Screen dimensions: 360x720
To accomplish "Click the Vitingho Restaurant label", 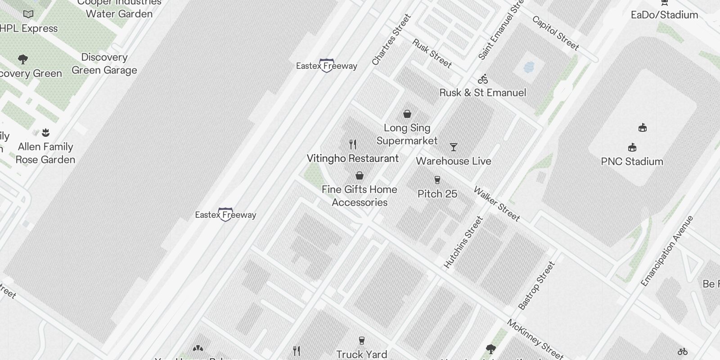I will [352, 158].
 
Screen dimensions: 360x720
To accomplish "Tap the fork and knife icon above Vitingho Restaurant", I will [353, 144].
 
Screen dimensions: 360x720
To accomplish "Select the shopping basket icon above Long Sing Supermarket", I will [407, 114].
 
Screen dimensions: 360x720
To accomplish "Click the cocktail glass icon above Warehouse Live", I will [454, 147].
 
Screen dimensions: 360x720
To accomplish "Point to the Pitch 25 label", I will [437, 194].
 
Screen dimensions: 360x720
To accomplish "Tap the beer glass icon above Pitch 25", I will [437, 180].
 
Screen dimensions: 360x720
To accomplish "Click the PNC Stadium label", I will [632, 162].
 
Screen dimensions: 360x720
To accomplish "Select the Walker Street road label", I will [497, 204].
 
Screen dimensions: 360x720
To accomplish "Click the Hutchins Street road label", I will [463, 243].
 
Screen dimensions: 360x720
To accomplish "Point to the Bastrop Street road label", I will [536, 286].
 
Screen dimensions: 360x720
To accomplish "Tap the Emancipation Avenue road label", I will [667, 251].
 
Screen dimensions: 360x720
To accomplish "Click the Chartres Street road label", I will [391, 40].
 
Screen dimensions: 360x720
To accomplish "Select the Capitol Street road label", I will [555, 33].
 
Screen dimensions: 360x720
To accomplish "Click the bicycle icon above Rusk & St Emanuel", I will [483, 80].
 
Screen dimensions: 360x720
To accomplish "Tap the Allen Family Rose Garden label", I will [45, 153].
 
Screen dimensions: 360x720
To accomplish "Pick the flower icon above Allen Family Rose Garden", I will [45, 133].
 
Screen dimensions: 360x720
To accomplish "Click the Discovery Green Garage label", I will [104, 64].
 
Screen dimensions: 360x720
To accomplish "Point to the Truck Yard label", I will [361, 354].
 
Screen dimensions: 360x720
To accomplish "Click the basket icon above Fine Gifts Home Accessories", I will [360, 175].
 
